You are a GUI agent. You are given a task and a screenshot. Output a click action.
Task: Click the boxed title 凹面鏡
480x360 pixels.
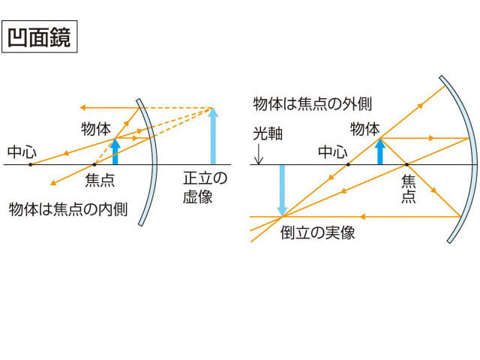pyautogui.click(x=40, y=37)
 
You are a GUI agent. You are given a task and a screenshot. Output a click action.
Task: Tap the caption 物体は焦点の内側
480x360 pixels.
pyautogui.click(x=68, y=209)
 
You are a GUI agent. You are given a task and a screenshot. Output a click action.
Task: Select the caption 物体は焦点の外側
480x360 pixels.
pyautogui.click(x=312, y=103)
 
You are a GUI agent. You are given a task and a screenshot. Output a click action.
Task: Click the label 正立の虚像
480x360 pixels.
pyautogui.click(x=205, y=187)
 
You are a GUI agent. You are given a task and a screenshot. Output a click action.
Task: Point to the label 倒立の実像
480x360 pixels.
pyautogui.click(x=317, y=232)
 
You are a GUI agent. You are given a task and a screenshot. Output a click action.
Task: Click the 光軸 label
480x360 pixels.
pyautogui.click(x=268, y=133)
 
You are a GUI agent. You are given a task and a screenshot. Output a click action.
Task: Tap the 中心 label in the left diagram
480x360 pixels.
pyautogui.click(x=22, y=151)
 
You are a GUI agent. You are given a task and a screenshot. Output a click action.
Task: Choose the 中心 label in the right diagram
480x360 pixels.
pyautogui.click(x=333, y=151)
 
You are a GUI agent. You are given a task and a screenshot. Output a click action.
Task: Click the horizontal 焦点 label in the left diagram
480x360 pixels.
pyautogui.click(x=100, y=180)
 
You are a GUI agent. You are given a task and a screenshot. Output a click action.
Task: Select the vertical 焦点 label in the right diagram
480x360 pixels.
pyautogui.click(x=408, y=189)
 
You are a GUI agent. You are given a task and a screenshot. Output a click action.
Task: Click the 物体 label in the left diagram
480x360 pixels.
pyautogui.click(x=96, y=129)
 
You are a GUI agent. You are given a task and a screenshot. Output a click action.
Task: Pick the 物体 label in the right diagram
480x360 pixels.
pyautogui.click(x=365, y=129)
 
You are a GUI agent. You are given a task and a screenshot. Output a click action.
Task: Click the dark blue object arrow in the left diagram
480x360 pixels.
pyautogui.click(x=115, y=151)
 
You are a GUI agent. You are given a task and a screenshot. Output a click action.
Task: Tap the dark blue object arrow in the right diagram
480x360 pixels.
pyautogui.click(x=380, y=151)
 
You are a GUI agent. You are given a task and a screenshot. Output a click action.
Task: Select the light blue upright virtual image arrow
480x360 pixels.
pyautogui.click(x=213, y=136)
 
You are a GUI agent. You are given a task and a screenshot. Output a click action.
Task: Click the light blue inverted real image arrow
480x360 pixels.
pyautogui.click(x=282, y=190)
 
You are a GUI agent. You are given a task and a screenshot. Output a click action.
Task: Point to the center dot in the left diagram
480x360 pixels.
pyautogui.click(x=30, y=165)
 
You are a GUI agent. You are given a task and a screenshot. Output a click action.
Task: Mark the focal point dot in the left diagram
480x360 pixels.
pyautogui.click(x=94, y=165)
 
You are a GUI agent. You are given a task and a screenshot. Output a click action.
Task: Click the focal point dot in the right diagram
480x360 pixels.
pyautogui.click(x=406, y=165)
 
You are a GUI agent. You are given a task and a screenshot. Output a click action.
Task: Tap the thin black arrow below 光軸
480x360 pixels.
pyautogui.click(x=259, y=154)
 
